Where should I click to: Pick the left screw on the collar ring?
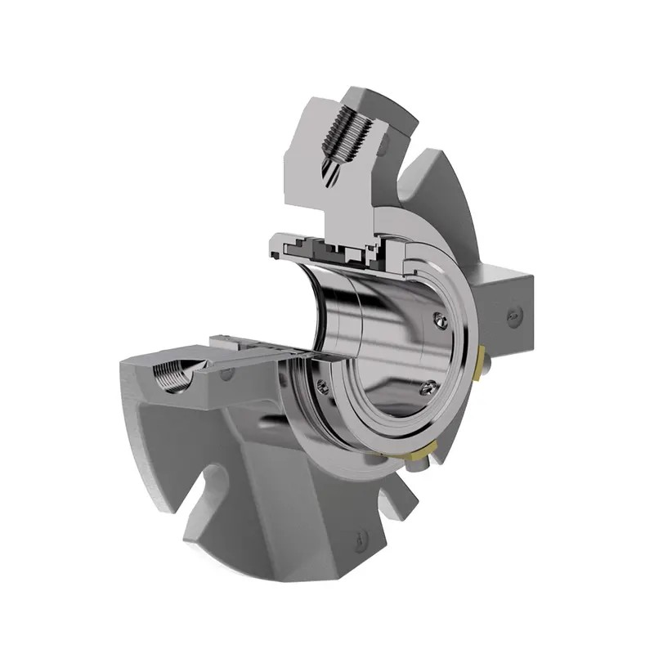tap(325, 387)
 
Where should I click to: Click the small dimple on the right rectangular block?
tap(513, 314)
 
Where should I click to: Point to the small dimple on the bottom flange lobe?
tap(361, 540)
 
